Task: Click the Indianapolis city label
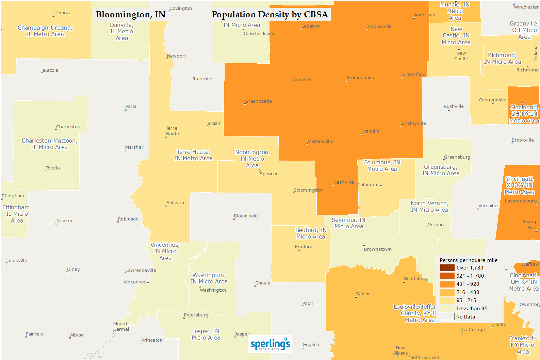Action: click(x=360, y=78)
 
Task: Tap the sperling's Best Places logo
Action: click(x=270, y=344)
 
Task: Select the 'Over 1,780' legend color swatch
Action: click(x=447, y=268)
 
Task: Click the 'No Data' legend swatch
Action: click(x=447, y=317)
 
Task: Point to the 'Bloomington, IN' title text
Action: click(x=131, y=15)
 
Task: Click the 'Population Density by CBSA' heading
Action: click(x=269, y=15)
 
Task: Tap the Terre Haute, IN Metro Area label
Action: click(x=193, y=155)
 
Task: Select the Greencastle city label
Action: click(x=258, y=101)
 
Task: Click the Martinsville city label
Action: click(x=320, y=142)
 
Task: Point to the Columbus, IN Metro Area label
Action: click(x=382, y=166)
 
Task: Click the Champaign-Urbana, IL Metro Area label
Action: click(x=45, y=31)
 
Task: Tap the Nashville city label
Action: click(x=343, y=182)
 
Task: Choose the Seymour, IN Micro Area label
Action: click(x=348, y=223)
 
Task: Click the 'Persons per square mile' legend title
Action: click(x=468, y=260)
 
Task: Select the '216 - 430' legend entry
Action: click(x=468, y=292)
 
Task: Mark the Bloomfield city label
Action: click(x=246, y=216)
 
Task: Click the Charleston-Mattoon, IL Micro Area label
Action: click(x=50, y=144)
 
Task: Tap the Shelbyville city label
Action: click(x=413, y=124)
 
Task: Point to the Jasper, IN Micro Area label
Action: click(x=206, y=334)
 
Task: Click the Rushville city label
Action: click(x=454, y=107)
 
